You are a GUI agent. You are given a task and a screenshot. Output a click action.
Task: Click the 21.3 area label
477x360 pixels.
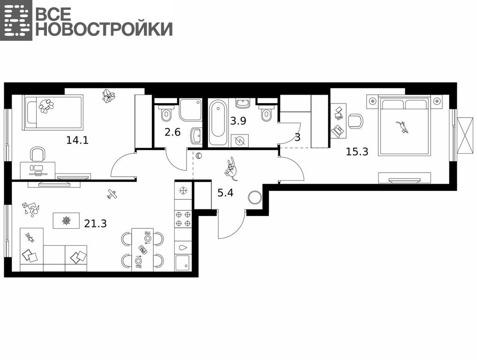tap(96, 224)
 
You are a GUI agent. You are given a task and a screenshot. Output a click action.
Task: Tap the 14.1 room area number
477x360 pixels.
tap(77, 140)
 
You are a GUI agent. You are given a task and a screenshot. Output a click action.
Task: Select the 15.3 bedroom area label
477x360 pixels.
tap(357, 151)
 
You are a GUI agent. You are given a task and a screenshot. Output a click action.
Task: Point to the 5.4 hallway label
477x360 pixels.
tap(225, 193)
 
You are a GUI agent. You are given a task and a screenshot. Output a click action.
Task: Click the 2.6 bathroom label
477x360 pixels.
tap(172, 132)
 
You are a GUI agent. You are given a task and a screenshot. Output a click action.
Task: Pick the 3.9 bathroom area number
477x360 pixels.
tap(238, 121)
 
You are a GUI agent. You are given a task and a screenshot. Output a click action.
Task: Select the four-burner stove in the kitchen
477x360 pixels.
tap(183, 219)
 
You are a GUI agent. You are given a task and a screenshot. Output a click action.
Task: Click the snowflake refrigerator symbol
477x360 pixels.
tap(183, 191)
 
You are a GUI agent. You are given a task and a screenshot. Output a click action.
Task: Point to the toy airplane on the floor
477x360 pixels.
tap(112, 194)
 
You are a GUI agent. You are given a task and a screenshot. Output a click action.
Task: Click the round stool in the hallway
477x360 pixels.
tap(254, 197)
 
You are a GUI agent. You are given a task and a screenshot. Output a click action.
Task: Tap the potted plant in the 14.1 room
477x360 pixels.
tap(108, 96)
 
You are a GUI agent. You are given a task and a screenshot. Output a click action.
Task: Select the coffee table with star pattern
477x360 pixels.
tap(67, 220)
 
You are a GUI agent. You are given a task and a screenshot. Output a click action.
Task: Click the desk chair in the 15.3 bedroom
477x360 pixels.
tap(356, 121)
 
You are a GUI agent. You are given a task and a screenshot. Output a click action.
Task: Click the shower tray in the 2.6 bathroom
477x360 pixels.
tap(190, 109)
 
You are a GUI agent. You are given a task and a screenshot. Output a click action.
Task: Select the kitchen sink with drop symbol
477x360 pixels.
tap(183, 247)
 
